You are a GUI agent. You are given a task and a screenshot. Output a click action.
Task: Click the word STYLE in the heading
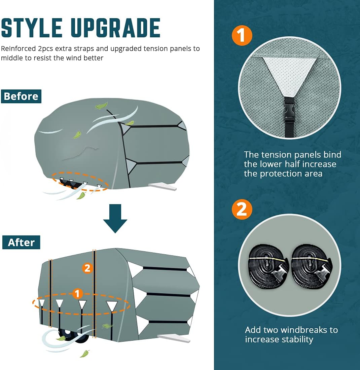point(32,28)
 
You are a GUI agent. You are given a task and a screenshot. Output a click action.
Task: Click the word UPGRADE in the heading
point(115,28)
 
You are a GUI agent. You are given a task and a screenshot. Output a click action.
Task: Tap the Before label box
point(21,96)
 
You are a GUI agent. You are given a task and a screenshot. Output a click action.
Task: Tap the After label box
point(21,242)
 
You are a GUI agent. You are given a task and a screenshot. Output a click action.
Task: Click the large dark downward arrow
point(115,218)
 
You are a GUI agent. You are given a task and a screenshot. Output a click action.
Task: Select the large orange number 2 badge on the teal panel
point(242,209)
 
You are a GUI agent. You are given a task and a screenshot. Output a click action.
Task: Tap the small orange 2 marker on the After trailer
point(87,268)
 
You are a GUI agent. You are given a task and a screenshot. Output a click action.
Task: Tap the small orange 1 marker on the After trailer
point(77,294)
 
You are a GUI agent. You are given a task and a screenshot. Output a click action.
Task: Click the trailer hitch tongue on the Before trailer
point(163,187)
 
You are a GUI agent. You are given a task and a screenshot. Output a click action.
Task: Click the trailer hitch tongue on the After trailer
point(174,338)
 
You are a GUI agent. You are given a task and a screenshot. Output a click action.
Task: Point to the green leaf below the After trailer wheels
point(84,354)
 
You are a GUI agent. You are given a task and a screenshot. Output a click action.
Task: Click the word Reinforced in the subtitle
point(18,49)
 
